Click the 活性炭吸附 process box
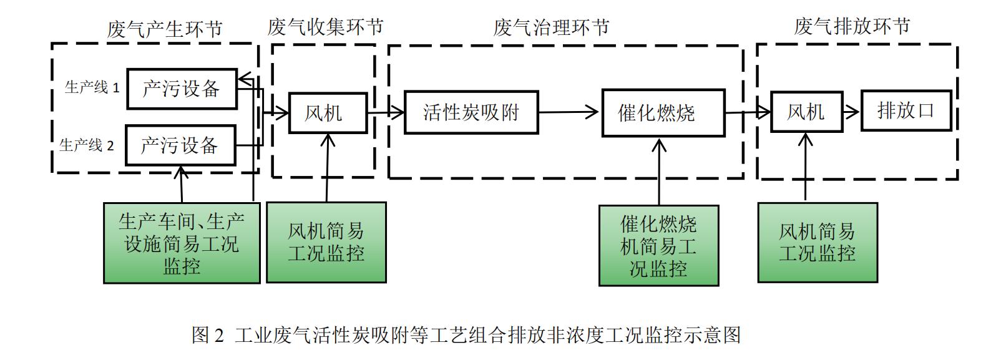pos(471,112)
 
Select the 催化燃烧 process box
pos(663,113)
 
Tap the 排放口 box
pos(906,111)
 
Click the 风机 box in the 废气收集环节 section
pos(327,113)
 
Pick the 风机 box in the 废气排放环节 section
pos(806,112)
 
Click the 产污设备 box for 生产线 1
pos(181,89)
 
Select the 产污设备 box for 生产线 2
pos(180,145)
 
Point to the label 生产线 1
pos(92,87)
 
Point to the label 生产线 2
pos(87,145)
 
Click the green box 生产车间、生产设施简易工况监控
pos(181,243)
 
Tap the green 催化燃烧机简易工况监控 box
pos(658,246)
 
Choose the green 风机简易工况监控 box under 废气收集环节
pos(326,242)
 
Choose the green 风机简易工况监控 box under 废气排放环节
pos(817,242)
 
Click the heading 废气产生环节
pos(165,29)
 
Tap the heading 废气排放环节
pos(851,26)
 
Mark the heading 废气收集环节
pos(325,27)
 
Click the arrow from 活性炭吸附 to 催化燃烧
pos(569,112)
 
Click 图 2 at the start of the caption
pos(207,335)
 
